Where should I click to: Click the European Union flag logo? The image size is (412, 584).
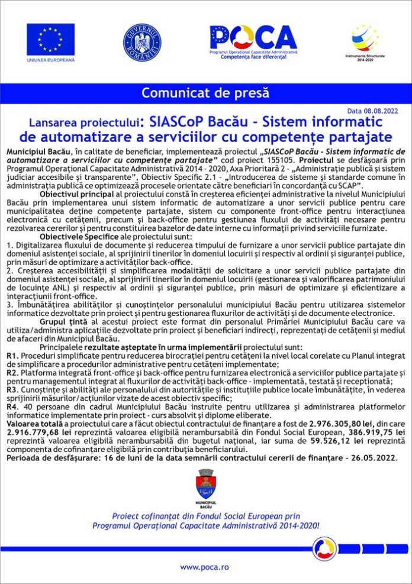click(x=50, y=39)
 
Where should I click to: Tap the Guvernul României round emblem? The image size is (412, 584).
click(x=142, y=42)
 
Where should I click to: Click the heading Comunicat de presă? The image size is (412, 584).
click(x=205, y=93)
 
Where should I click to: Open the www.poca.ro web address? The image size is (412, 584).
click(x=205, y=566)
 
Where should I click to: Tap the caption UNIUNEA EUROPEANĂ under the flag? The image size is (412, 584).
click(x=50, y=60)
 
